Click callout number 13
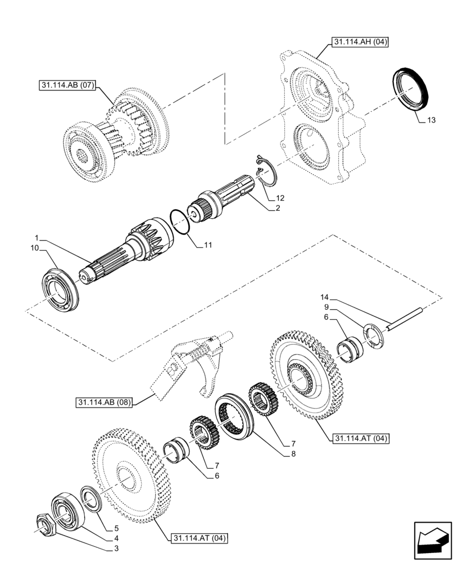coord(430,120)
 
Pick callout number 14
coord(324,297)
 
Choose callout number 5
coord(116,528)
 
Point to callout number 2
coord(277,209)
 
